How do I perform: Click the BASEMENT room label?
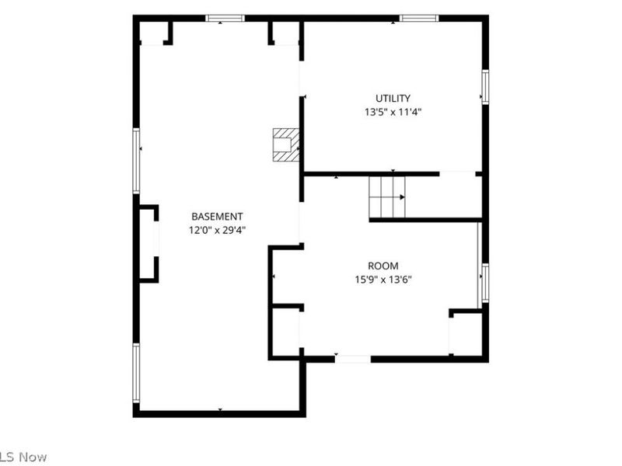[217, 217]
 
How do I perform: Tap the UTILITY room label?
[393, 98]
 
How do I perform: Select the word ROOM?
[383, 266]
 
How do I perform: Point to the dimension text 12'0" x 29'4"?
[218, 230]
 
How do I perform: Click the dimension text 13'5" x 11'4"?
[393, 112]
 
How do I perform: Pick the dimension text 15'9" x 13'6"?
[383, 280]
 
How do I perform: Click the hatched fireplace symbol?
[285, 144]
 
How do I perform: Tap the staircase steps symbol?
[387, 197]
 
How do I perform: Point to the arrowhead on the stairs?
[402, 197]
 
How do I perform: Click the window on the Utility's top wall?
[419, 18]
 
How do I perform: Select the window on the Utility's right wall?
[485, 87]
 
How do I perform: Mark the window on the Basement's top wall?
[225, 18]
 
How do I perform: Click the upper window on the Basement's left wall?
[137, 161]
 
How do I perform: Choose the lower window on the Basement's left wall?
[137, 373]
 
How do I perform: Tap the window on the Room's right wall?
[485, 283]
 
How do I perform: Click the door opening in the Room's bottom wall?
[353, 360]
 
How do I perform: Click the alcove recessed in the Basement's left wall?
[147, 244]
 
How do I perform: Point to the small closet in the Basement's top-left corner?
[153, 33]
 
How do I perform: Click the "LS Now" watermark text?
[23, 457]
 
